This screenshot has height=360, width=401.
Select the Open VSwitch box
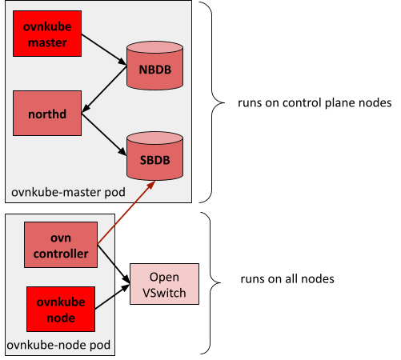(x=163, y=286)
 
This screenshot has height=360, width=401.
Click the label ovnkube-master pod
(x=62, y=193)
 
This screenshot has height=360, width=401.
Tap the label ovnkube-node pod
(x=58, y=346)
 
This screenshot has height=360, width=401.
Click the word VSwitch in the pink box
(x=163, y=293)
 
